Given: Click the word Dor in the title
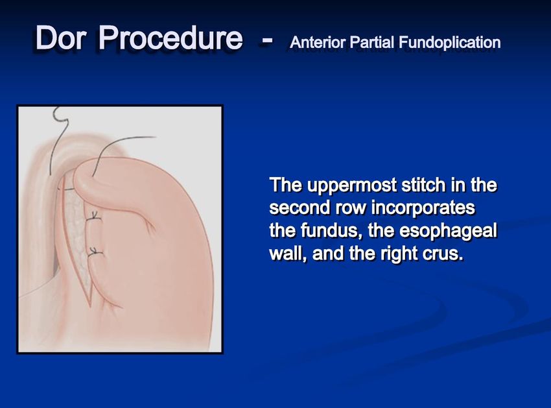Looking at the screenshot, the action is tap(60, 38).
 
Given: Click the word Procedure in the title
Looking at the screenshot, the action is tap(170, 38).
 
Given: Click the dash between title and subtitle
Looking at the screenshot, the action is tap(266, 40).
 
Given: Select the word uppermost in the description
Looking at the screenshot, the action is tap(351, 186).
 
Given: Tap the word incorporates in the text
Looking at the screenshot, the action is tap(423, 208).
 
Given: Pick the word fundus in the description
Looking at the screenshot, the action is tap(327, 231).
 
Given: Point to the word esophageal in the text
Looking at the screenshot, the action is tap(448, 232).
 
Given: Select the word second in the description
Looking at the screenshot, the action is tap(299, 208).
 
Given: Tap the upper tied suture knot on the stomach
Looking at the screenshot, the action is tap(93, 217).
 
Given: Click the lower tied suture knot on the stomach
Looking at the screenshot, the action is tap(94, 252).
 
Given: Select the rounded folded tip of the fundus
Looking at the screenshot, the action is tap(78, 180).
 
